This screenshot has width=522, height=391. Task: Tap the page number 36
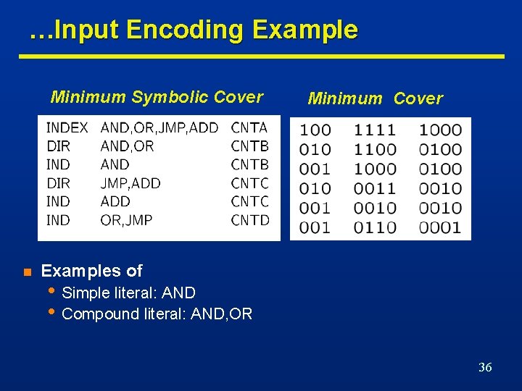point(485,367)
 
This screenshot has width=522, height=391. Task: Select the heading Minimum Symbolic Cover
point(157,97)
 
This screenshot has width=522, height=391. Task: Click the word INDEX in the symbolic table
point(67,128)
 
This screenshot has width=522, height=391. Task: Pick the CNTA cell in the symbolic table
point(249,128)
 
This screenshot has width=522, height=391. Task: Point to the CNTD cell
point(249,219)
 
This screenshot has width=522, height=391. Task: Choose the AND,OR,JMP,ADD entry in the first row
point(159,128)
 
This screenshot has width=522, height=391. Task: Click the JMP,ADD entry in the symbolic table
point(130,183)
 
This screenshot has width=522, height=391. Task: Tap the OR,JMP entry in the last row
point(126,219)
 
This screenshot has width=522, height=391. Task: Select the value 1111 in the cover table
point(375,130)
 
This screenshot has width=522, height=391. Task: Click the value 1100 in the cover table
point(375,150)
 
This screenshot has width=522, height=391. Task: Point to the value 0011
point(375,189)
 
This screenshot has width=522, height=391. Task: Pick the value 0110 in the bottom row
point(375,227)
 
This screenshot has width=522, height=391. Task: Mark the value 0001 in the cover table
point(440,227)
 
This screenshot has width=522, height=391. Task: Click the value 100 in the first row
point(315,130)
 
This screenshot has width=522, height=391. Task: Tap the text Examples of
point(92,272)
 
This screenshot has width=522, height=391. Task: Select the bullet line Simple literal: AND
point(129,293)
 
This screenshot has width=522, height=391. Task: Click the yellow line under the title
point(261,56)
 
